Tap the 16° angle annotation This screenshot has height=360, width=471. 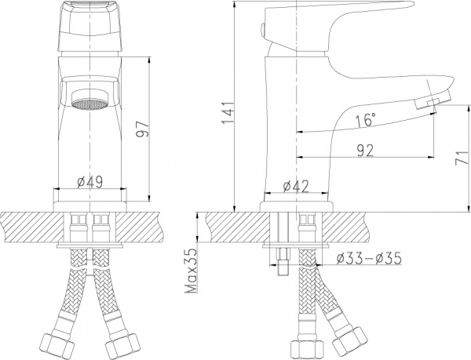click(x=366, y=122)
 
